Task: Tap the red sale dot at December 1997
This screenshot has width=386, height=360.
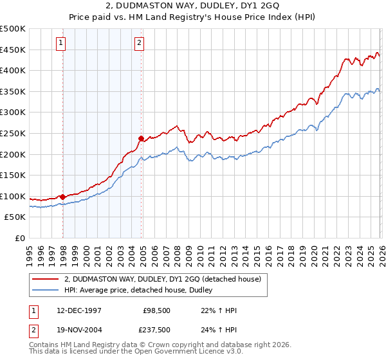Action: [x=63, y=197]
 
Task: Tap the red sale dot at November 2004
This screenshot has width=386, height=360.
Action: [x=142, y=138]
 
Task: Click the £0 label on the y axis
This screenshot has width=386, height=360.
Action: [x=20, y=238]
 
